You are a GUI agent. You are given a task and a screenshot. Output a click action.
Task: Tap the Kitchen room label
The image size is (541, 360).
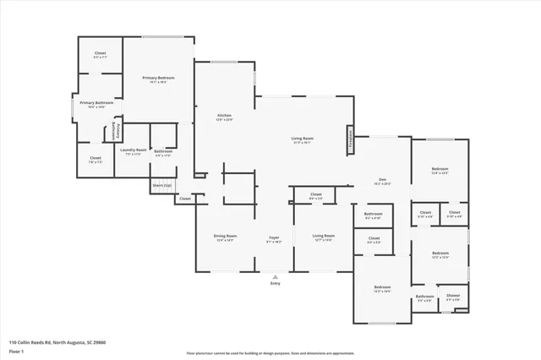224,116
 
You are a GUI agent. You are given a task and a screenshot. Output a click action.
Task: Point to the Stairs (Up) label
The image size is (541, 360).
161,184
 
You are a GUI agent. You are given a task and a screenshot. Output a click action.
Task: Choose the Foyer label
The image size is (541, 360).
274,237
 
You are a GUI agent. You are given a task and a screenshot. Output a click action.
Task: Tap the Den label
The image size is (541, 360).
382,179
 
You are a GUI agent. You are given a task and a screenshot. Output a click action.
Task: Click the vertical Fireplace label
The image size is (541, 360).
349,139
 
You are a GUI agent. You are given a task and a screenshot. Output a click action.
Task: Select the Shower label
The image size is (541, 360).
454,296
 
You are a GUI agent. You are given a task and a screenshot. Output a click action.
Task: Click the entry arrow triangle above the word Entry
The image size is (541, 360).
274,275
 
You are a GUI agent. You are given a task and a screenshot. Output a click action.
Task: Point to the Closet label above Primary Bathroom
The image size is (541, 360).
99,53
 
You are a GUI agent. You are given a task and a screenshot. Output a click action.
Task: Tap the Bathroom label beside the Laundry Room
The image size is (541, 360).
163,151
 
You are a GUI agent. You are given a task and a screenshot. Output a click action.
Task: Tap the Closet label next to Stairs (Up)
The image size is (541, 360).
184,199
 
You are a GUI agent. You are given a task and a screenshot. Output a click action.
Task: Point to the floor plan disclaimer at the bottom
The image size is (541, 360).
270,353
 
